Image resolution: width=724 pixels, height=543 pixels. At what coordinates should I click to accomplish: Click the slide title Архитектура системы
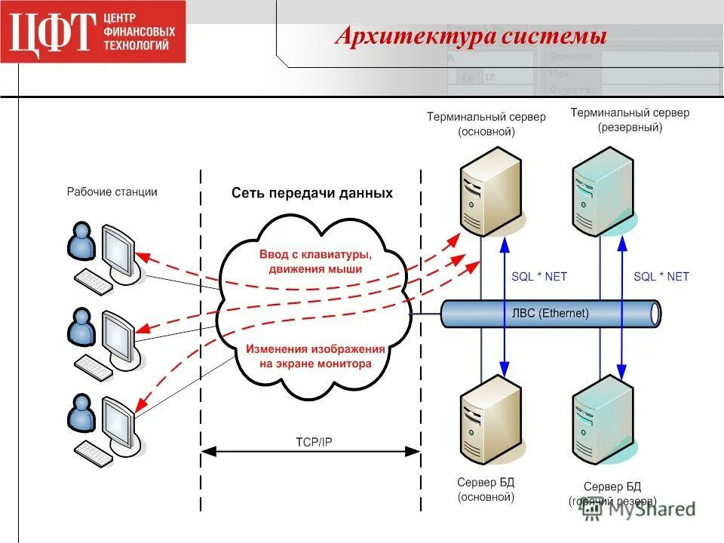(x=471, y=35)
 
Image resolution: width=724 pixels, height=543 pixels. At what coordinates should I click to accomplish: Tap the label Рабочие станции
(x=112, y=192)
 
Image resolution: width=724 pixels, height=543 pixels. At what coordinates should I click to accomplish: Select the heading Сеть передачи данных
(x=311, y=193)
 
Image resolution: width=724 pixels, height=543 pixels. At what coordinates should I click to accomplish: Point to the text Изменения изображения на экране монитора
(x=315, y=356)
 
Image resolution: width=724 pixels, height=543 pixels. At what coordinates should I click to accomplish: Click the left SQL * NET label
(x=538, y=277)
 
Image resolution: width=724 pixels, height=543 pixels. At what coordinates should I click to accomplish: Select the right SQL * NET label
(x=661, y=277)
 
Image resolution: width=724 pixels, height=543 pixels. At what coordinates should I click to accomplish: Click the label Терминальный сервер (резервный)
(x=630, y=120)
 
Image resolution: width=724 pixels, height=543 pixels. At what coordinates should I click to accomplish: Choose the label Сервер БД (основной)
(x=486, y=489)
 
